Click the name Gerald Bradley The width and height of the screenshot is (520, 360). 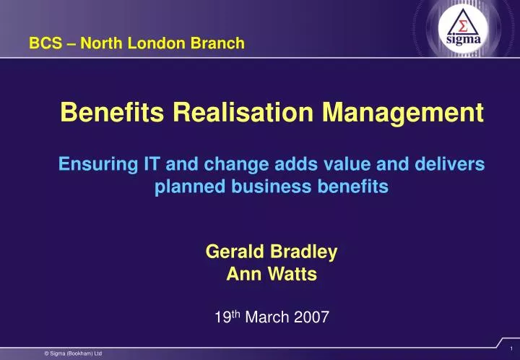click(271, 252)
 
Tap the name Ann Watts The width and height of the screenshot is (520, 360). click(271, 274)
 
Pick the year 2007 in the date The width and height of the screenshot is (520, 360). click(311, 316)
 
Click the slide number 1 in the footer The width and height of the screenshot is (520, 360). click(510, 348)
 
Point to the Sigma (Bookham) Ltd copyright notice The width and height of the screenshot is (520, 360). click(72, 353)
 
